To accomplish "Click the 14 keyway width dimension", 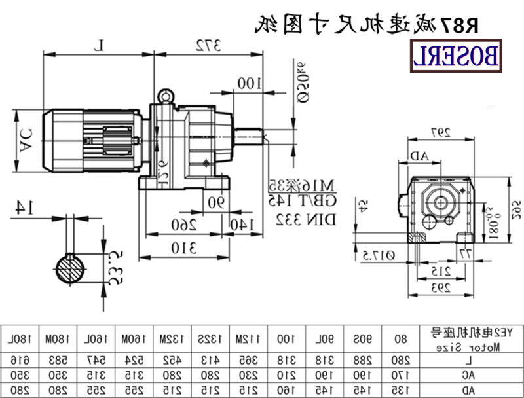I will point(24,208).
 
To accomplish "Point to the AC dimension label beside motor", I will point(26,138).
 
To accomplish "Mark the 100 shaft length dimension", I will point(249,82).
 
